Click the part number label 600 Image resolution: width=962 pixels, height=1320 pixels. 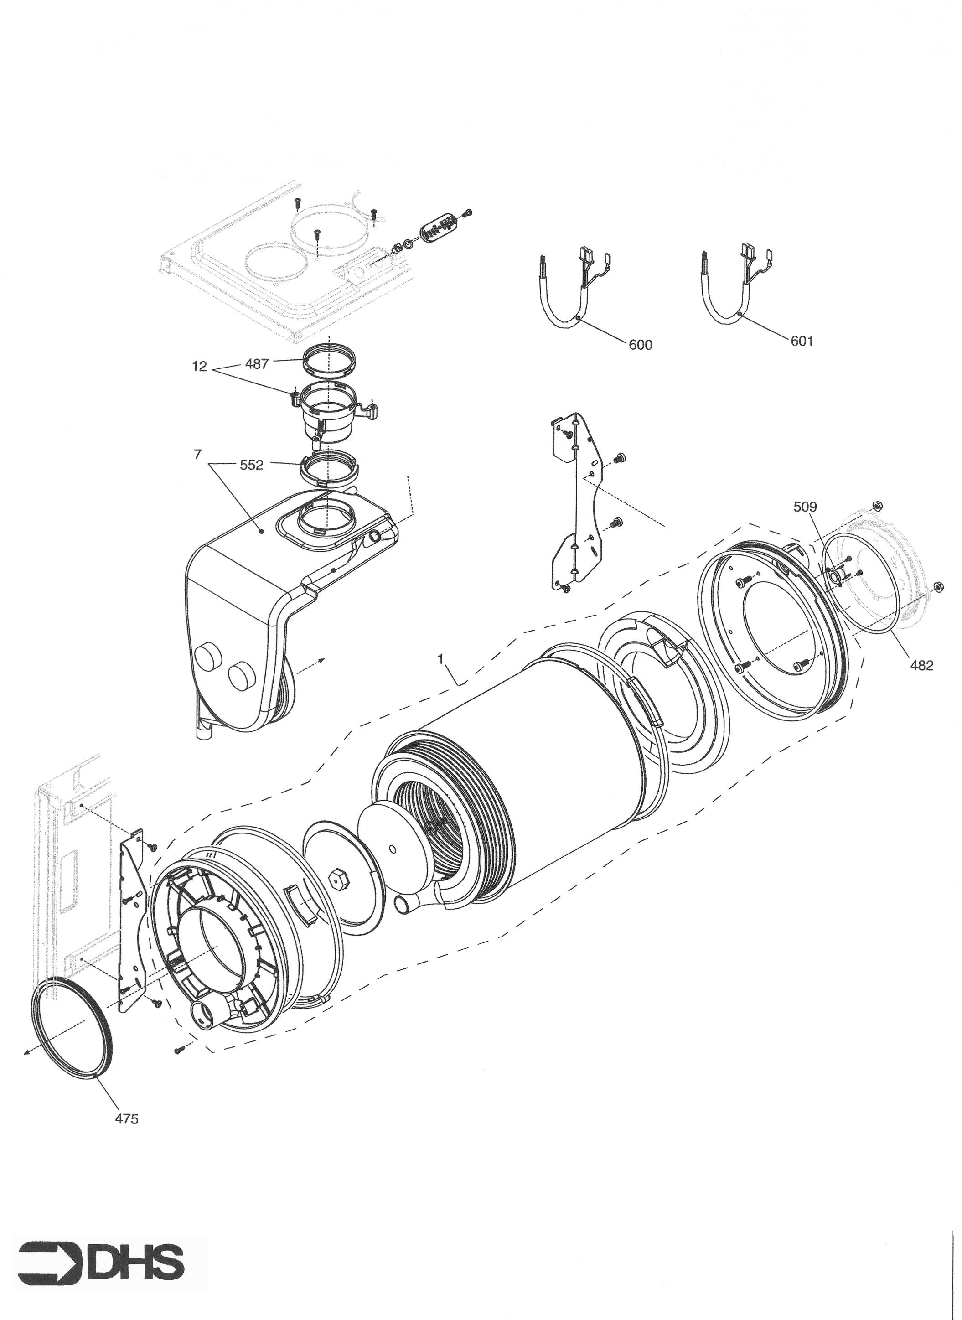pos(641,345)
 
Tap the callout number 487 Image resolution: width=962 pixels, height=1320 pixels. pos(257,364)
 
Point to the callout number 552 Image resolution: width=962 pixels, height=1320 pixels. pos(252,465)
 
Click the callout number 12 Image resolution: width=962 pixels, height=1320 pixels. pos(200,368)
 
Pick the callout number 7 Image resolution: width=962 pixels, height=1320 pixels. pos(197,455)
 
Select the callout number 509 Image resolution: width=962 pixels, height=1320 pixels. pos(805,507)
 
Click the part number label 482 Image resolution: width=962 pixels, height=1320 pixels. pos(922,666)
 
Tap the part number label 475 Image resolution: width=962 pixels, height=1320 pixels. pos(126,1118)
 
